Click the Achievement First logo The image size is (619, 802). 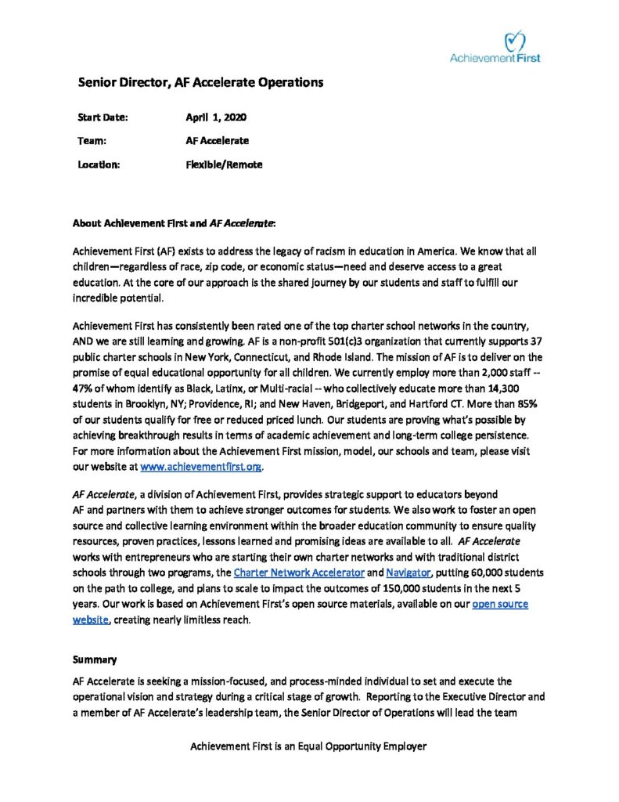click(x=495, y=47)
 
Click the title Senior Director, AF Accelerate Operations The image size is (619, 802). click(x=200, y=82)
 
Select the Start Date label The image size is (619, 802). click(x=103, y=117)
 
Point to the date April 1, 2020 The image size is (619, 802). click(x=216, y=117)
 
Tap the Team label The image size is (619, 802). click(x=92, y=141)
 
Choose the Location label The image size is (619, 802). click(x=99, y=164)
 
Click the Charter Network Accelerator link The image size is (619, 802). click(x=299, y=573)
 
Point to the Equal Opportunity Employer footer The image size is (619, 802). click(x=308, y=746)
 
